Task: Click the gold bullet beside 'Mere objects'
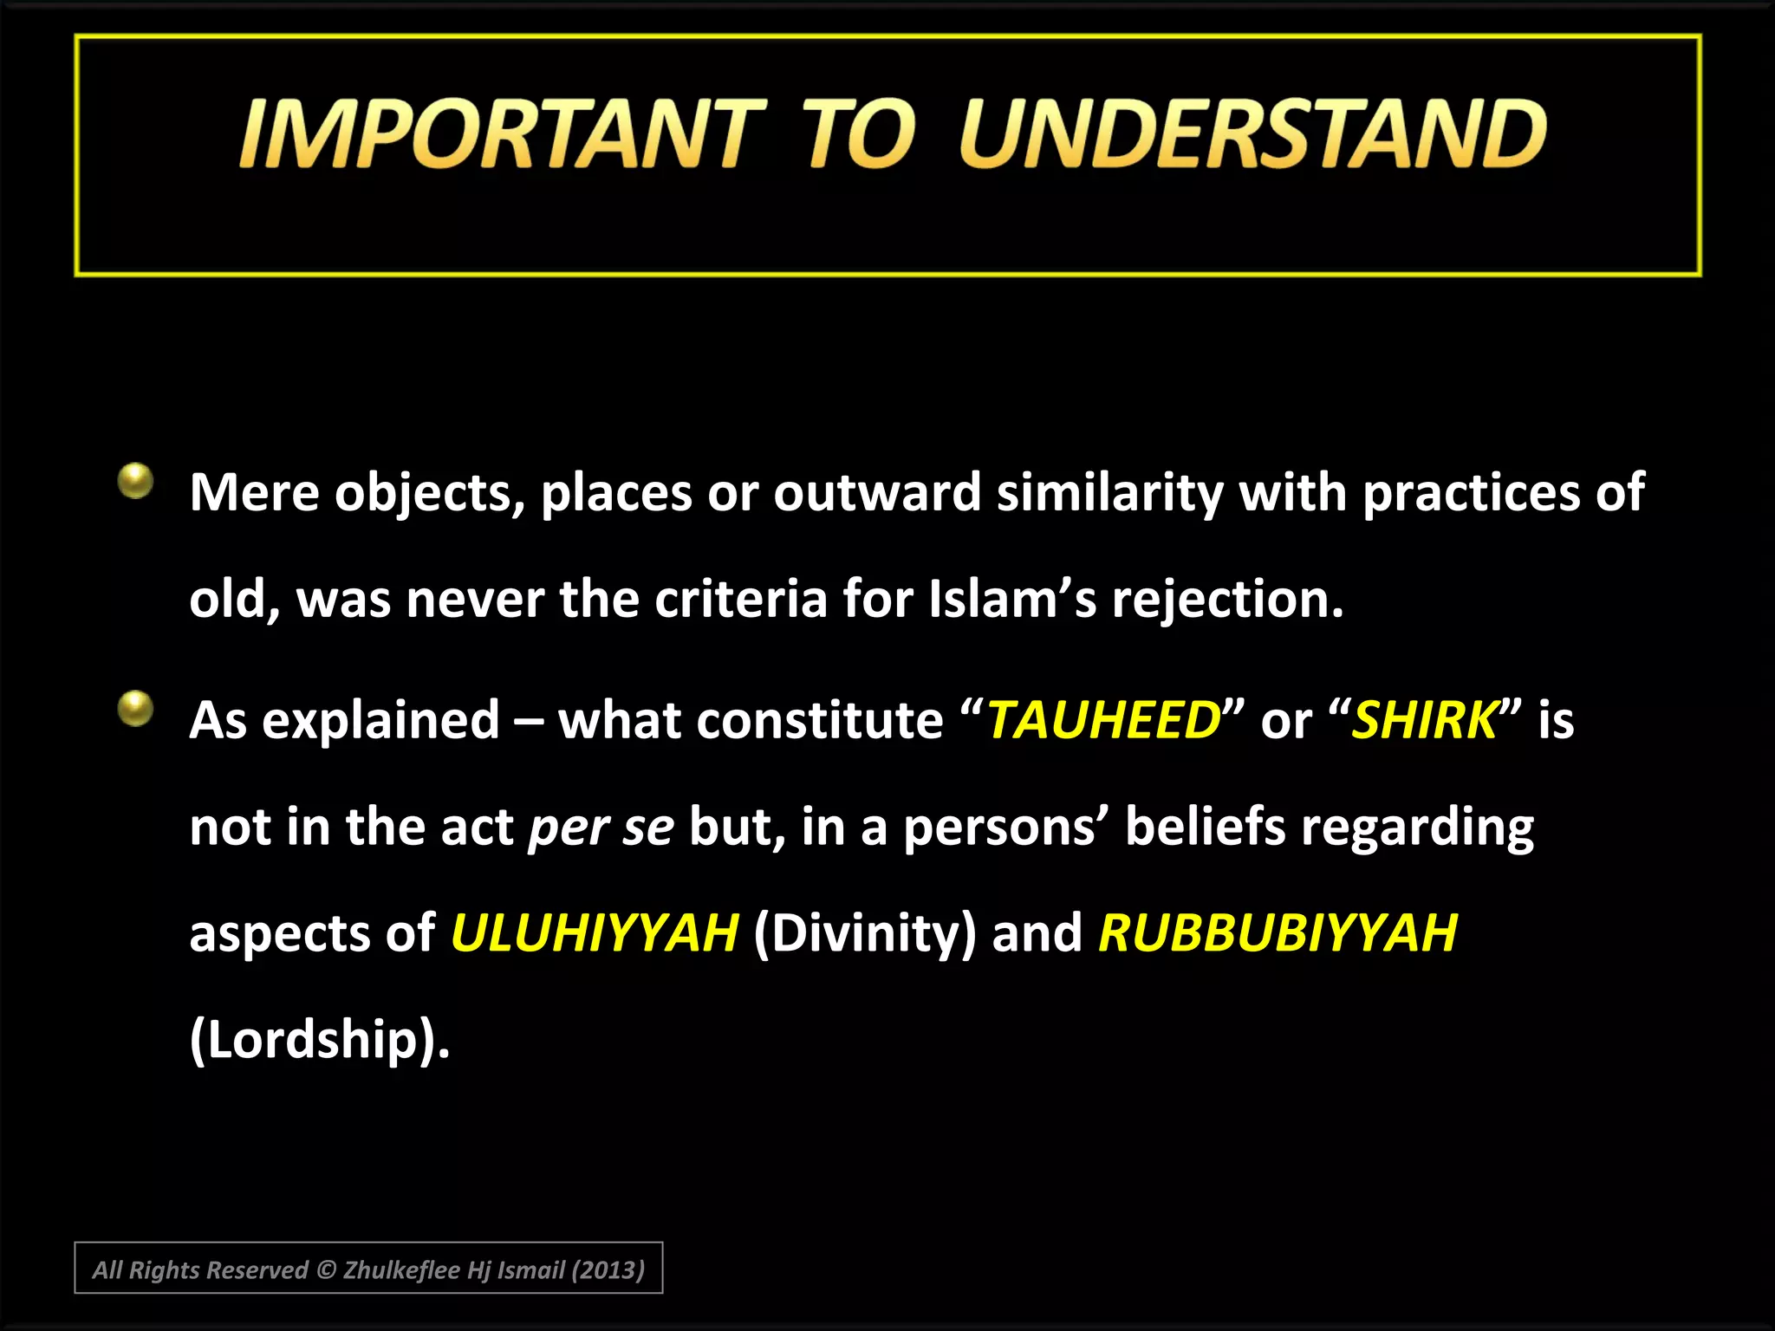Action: point(135,481)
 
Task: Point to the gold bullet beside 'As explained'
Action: point(135,708)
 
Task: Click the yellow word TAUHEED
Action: point(1103,720)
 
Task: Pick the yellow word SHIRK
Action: point(1424,720)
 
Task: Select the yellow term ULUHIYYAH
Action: point(594,933)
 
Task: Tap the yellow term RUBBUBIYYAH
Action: point(1278,933)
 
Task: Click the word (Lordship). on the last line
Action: point(319,1039)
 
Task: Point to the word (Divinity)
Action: point(864,933)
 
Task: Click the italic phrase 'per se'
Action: point(601,828)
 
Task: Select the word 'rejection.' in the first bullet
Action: point(1227,599)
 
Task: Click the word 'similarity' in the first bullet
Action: point(1109,493)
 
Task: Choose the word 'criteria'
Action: point(740,599)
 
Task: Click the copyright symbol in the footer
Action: point(325,1270)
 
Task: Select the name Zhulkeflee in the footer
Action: point(401,1270)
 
